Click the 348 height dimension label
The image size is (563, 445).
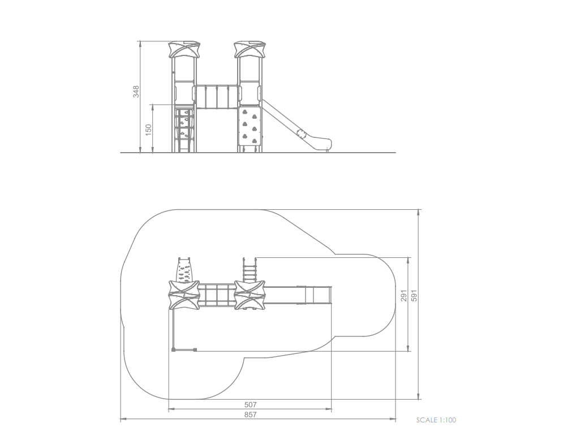136,92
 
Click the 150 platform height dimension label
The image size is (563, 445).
149,130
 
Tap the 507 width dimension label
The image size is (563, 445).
250,404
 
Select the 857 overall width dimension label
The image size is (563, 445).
250,414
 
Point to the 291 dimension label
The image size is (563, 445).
405,295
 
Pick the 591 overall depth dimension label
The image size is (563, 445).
414,295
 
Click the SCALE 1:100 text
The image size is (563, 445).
436,420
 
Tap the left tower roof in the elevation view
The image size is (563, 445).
184,50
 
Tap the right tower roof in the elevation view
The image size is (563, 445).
250,50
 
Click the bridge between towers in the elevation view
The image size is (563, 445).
217,97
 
